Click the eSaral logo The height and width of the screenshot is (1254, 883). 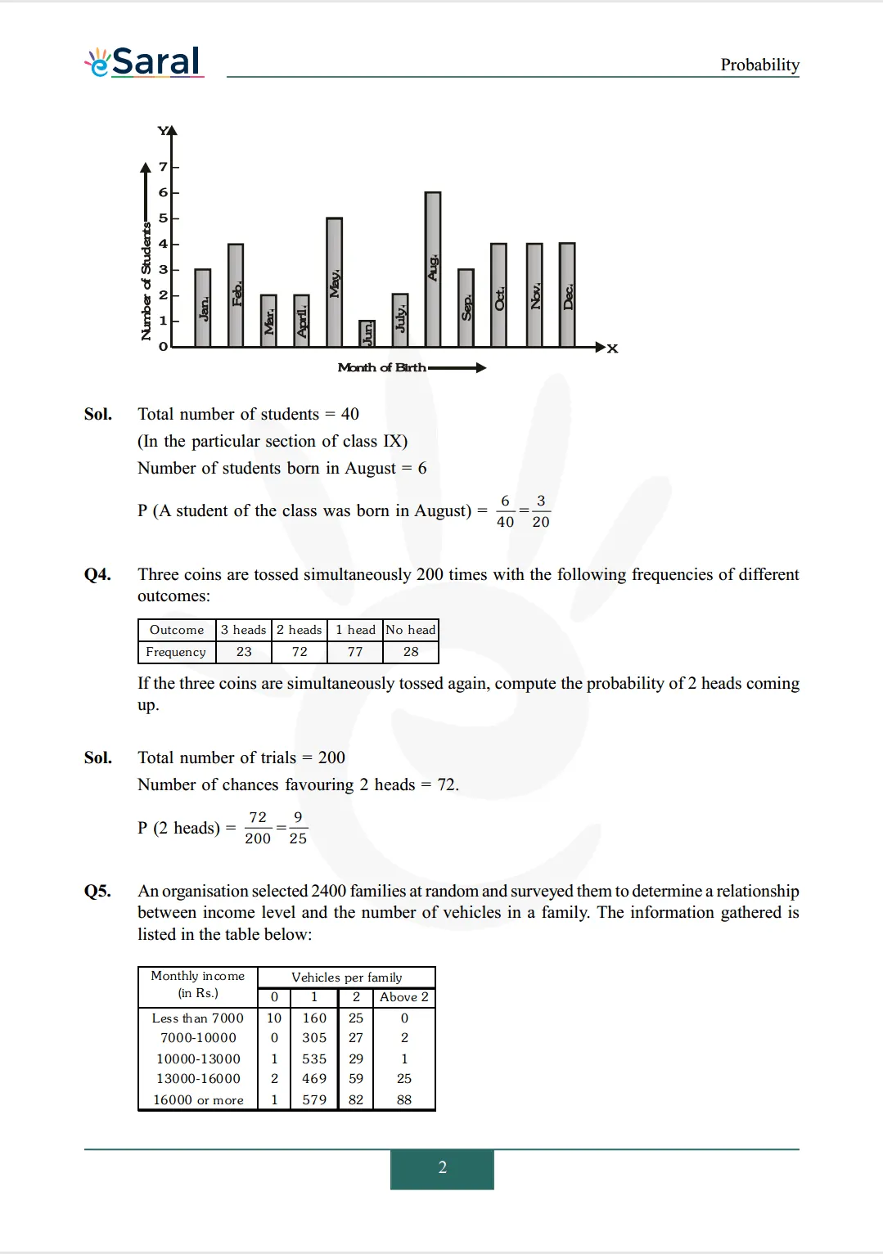click(144, 61)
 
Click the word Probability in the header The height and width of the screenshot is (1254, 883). click(759, 65)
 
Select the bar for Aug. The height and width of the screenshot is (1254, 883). click(433, 269)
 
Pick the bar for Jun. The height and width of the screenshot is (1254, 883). click(367, 333)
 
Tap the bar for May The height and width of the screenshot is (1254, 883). click(334, 282)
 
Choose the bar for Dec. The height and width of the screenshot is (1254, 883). click(567, 294)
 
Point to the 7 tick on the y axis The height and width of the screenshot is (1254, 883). click(163, 167)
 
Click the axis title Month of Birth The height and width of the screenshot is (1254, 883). click(381, 368)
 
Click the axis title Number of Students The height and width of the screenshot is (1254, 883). click(146, 281)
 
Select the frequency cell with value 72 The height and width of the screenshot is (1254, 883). click(300, 652)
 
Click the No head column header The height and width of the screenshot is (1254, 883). click(411, 630)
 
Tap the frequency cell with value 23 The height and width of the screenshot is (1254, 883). click(244, 652)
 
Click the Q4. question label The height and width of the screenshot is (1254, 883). click(97, 574)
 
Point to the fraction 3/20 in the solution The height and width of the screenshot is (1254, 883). click(541, 511)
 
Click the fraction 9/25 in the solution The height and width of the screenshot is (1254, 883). click(298, 828)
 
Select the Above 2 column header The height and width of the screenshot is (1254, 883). click(404, 997)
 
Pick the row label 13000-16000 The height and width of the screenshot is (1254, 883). click(198, 1079)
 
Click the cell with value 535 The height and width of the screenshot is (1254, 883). click(314, 1058)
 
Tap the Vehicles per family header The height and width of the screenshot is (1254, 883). click(346, 978)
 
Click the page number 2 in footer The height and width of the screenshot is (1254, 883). click(442, 1168)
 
